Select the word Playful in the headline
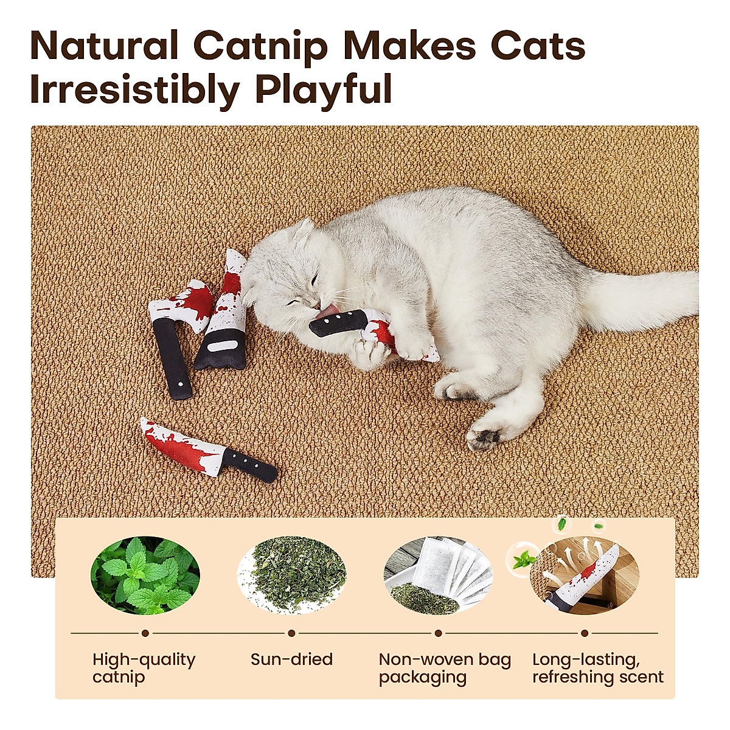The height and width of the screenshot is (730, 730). [x=323, y=90]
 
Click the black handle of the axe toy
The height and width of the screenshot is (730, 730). [x=172, y=359]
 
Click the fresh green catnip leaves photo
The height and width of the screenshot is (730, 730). [x=145, y=575]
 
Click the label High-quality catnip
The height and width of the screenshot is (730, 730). [x=144, y=668]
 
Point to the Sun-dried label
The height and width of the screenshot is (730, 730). [x=292, y=659]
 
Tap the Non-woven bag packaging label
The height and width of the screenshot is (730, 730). [x=445, y=668]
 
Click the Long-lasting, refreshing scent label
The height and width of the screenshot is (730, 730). [x=597, y=668]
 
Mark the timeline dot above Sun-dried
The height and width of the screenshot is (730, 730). [x=292, y=633]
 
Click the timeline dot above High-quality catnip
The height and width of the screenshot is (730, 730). [x=145, y=633]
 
